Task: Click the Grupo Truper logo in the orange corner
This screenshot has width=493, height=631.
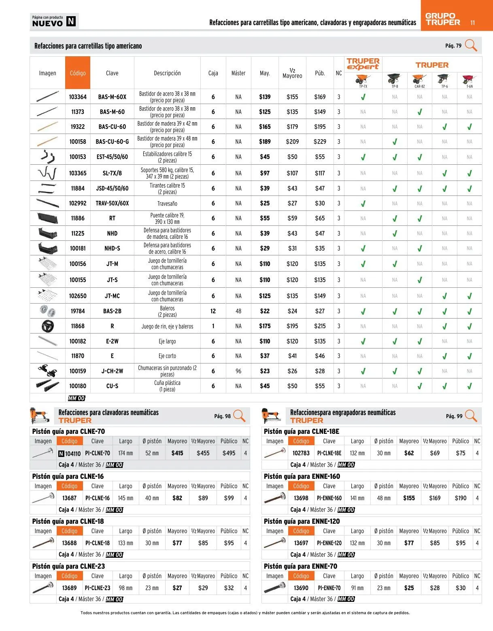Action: coord(442,19)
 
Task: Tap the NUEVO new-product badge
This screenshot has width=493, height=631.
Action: coord(54,21)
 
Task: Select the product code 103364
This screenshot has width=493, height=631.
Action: coord(78,97)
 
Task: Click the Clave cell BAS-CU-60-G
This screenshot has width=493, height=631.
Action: coord(112,142)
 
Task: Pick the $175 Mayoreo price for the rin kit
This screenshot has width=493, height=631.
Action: coord(265,326)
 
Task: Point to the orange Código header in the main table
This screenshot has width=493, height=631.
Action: coord(78,73)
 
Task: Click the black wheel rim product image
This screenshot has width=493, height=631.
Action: coord(48,326)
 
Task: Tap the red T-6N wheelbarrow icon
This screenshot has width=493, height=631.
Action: coord(469,79)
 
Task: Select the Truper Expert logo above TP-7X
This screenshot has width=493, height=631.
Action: coord(363,64)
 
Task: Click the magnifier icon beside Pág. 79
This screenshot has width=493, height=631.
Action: coord(471,45)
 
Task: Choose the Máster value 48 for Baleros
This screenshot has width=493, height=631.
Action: coord(238,311)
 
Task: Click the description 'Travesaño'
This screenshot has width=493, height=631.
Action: coord(167,204)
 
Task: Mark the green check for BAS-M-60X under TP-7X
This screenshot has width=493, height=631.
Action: coord(363,97)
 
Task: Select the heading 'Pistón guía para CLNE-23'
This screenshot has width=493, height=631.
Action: coord(68,566)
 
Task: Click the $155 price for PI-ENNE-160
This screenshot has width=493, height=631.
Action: coord(409,498)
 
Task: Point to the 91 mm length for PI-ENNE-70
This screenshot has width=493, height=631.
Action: coord(357,588)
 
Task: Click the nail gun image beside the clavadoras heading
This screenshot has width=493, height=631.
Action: coord(40,416)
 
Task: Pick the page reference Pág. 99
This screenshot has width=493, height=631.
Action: coord(454,416)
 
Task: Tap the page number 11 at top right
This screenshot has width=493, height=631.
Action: coord(472,23)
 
